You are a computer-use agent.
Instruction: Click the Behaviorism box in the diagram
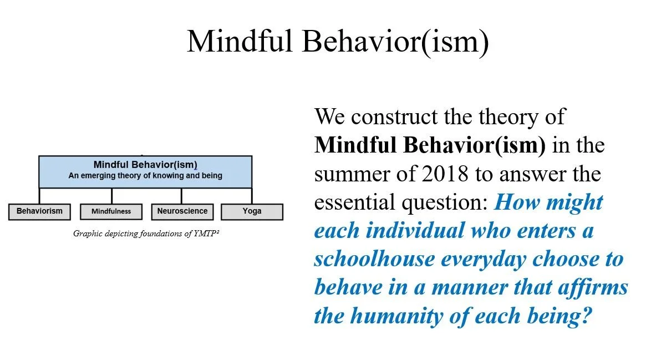point(39,211)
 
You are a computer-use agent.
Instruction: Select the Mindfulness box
point(111,212)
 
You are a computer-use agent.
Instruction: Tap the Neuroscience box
point(182,211)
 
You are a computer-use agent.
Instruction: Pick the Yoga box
point(252,211)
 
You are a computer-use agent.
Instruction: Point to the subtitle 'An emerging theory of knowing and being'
point(145,176)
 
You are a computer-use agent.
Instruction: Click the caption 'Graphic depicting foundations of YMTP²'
point(146,234)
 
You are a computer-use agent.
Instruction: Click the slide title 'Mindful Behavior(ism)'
point(338,40)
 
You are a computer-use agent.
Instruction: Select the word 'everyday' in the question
point(509,259)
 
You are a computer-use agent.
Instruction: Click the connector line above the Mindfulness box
point(111,196)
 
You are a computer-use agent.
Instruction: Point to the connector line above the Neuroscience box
point(181,196)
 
